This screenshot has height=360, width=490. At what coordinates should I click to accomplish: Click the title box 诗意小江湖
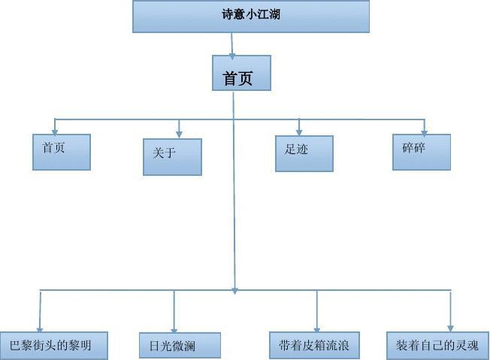[x=251, y=17]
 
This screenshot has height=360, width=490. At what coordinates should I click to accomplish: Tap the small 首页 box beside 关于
[x=62, y=152]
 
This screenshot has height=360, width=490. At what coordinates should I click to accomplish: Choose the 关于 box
[x=172, y=157]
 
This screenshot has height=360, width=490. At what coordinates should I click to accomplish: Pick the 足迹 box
[x=304, y=153]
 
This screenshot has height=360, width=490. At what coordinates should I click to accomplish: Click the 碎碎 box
[x=422, y=152]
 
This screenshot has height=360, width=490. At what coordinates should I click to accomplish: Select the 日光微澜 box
[x=180, y=346]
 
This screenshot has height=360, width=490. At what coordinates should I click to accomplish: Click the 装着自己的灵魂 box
[x=437, y=345]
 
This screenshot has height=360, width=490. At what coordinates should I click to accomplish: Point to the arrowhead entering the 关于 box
[x=179, y=133]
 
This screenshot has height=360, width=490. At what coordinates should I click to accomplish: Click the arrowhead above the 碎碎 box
[x=424, y=130]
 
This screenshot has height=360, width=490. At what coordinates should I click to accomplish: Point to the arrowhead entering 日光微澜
[x=174, y=327]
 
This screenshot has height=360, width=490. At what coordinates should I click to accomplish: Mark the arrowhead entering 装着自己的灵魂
[x=451, y=326]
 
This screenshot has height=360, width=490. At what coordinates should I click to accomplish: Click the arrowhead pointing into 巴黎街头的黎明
[x=39, y=326]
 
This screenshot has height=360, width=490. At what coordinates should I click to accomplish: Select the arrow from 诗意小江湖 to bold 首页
[x=233, y=45]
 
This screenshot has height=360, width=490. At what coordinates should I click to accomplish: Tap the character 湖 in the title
[x=274, y=14]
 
